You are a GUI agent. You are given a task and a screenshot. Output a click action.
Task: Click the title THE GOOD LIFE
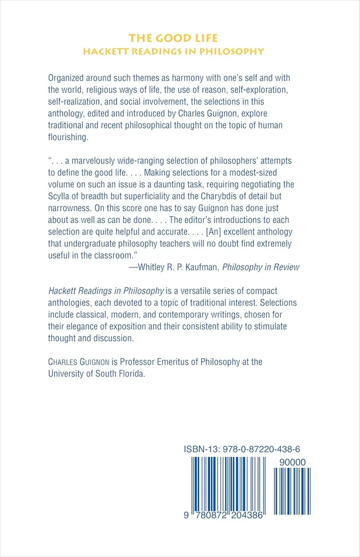pos(173,38)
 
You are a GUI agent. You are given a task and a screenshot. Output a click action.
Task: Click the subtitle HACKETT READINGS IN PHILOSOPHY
pos(173,51)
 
